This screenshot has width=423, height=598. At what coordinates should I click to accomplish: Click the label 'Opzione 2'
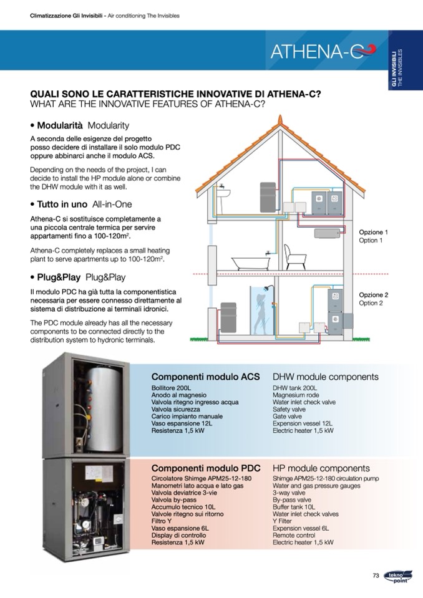pos(373,294)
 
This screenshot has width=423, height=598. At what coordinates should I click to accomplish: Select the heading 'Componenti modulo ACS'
pos(205,377)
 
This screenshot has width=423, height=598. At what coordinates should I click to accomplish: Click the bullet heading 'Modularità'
pos(60,125)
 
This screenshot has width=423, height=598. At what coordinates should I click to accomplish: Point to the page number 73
pos(376,576)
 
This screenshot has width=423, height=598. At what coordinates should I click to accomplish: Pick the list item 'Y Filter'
pos(283,521)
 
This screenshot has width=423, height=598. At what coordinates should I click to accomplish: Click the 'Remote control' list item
pos(293,535)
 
